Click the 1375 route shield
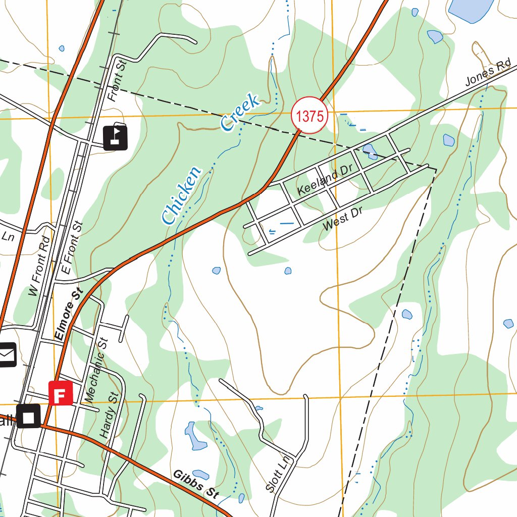(x=309, y=116)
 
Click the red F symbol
(x=61, y=393)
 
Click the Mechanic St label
(x=97, y=370)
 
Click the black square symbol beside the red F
(x=29, y=416)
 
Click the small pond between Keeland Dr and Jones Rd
(x=370, y=149)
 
